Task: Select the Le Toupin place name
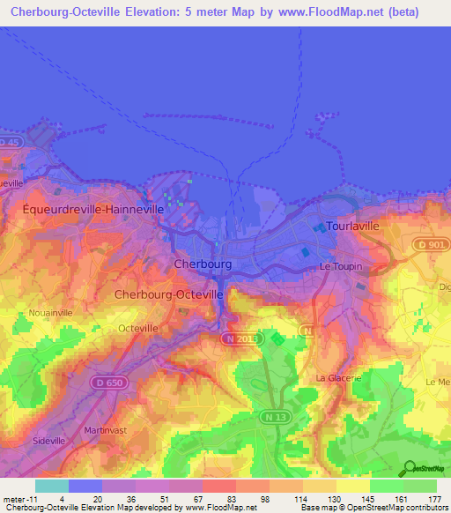click(x=341, y=265)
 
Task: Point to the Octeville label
click(x=138, y=327)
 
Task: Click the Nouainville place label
click(x=50, y=311)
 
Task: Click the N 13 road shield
click(x=273, y=415)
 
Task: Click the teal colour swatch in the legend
click(x=51, y=486)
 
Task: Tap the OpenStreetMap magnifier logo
click(x=410, y=468)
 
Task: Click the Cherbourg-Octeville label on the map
click(x=168, y=294)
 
